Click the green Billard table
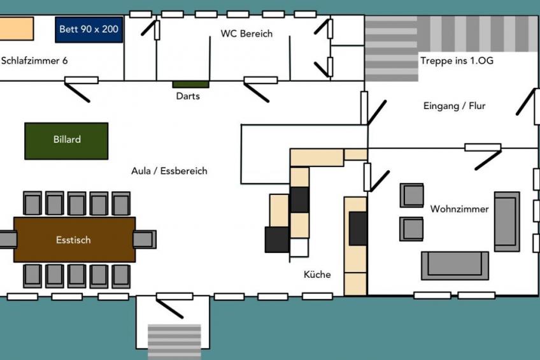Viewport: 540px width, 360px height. pyautogui.click(x=66, y=141)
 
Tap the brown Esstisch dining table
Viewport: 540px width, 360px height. pyautogui.click(x=75, y=240)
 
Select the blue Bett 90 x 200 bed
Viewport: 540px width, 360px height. pyautogui.click(x=89, y=29)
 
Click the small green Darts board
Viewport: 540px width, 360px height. pyautogui.click(x=190, y=84)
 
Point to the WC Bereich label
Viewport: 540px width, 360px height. pyautogui.click(x=246, y=34)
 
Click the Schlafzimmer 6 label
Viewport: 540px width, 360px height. pyautogui.click(x=34, y=61)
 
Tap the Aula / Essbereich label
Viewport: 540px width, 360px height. pyautogui.click(x=169, y=171)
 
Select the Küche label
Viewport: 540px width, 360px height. pyautogui.click(x=317, y=275)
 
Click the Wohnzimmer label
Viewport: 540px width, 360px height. pyautogui.click(x=459, y=209)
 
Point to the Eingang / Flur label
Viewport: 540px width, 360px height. pyautogui.click(x=454, y=106)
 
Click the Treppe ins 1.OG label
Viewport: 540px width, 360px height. pyautogui.click(x=457, y=61)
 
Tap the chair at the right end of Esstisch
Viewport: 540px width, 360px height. pyautogui.click(x=145, y=240)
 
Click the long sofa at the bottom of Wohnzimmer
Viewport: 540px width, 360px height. pyautogui.click(x=455, y=266)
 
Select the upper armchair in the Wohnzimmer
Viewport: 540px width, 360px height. pyautogui.click(x=412, y=196)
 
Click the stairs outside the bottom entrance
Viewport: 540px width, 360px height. pyautogui.click(x=174, y=342)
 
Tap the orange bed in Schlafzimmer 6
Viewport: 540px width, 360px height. pyautogui.click(x=17, y=28)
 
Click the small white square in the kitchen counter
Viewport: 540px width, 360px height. pyautogui.click(x=299, y=248)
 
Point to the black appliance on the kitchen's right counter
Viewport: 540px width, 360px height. pyautogui.click(x=358, y=229)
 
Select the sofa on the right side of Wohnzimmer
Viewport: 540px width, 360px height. pyautogui.click(x=507, y=222)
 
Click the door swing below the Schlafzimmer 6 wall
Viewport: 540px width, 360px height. pyautogui.click(x=77, y=92)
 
